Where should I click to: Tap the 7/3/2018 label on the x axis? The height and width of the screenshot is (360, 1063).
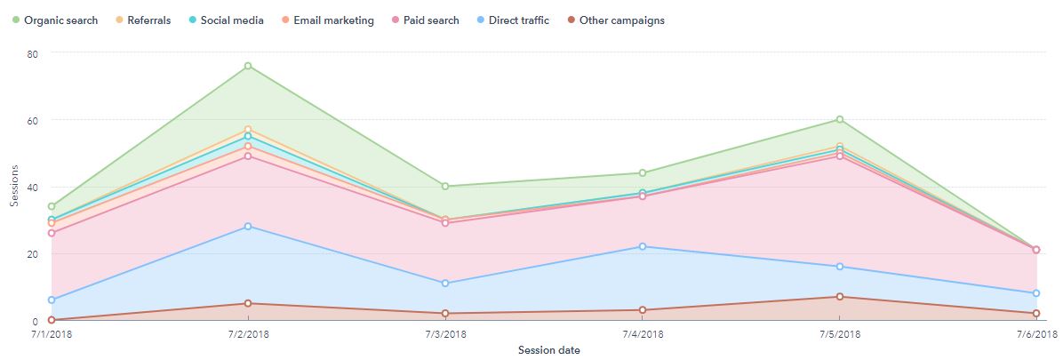(444, 334)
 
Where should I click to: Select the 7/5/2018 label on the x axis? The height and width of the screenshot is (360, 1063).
(838, 334)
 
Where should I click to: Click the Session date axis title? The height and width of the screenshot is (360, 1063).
(549, 350)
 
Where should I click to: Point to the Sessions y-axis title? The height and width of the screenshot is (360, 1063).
(14, 187)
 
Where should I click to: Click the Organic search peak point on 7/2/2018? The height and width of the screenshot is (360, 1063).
(248, 66)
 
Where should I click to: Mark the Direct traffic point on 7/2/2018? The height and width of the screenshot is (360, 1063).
(248, 227)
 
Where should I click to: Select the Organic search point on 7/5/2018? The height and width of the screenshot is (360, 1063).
(839, 120)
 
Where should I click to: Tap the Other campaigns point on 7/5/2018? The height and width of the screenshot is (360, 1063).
(839, 297)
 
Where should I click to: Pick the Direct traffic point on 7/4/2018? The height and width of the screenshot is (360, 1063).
(642, 247)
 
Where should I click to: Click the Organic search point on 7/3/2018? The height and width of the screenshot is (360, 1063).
(444, 187)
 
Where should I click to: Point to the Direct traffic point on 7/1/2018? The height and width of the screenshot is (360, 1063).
(52, 300)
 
